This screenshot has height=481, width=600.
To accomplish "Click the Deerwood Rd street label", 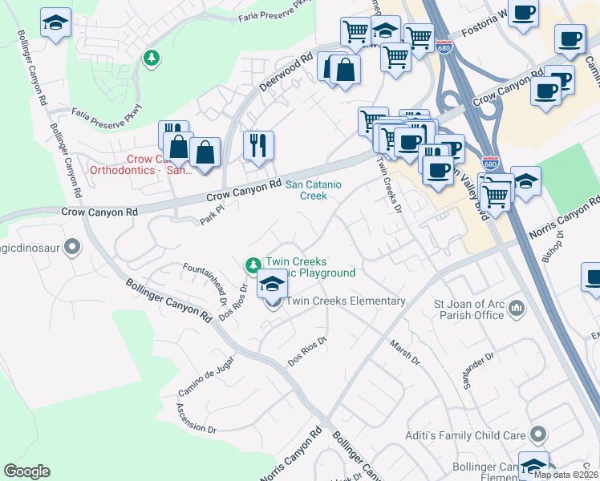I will [x=285, y=73].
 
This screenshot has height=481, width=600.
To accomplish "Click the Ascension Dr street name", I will [x=195, y=418].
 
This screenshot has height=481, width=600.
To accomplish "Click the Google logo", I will [x=26, y=471].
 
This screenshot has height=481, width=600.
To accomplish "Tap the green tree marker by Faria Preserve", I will [x=151, y=57].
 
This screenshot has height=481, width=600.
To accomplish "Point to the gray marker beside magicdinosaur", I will [x=73, y=247].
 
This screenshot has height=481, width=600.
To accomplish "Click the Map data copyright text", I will [x=566, y=475].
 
